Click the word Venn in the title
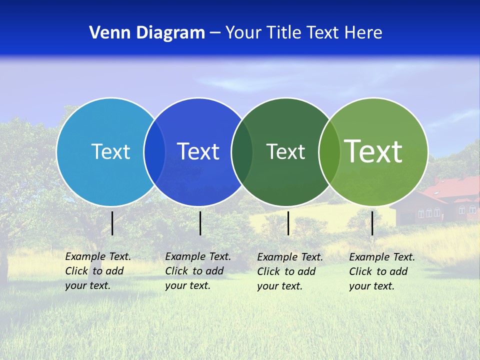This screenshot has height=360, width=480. [x=107, y=33]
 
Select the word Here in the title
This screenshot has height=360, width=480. [x=363, y=33]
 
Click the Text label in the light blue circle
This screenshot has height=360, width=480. [x=110, y=151]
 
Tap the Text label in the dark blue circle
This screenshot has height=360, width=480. [x=198, y=151]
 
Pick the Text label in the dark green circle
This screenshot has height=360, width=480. [x=285, y=151]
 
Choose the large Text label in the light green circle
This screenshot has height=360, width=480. [x=373, y=151]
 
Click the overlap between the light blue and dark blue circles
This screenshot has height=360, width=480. [x=154, y=151]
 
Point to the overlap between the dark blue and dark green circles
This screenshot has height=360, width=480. [x=242, y=151]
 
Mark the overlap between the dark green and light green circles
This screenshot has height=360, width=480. [x=329, y=151]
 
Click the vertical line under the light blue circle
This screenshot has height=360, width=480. [x=112, y=223]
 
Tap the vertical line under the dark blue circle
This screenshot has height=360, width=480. [x=200, y=223]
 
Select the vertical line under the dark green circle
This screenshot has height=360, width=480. [x=288, y=223]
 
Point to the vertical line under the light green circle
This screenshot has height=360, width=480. [x=372, y=223]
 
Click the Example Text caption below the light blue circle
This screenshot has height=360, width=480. [x=97, y=271]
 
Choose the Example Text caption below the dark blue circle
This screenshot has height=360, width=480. [x=197, y=271]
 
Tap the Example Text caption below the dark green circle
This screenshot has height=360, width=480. [x=289, y=271]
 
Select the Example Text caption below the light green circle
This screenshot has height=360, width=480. [x=381, y=271]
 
